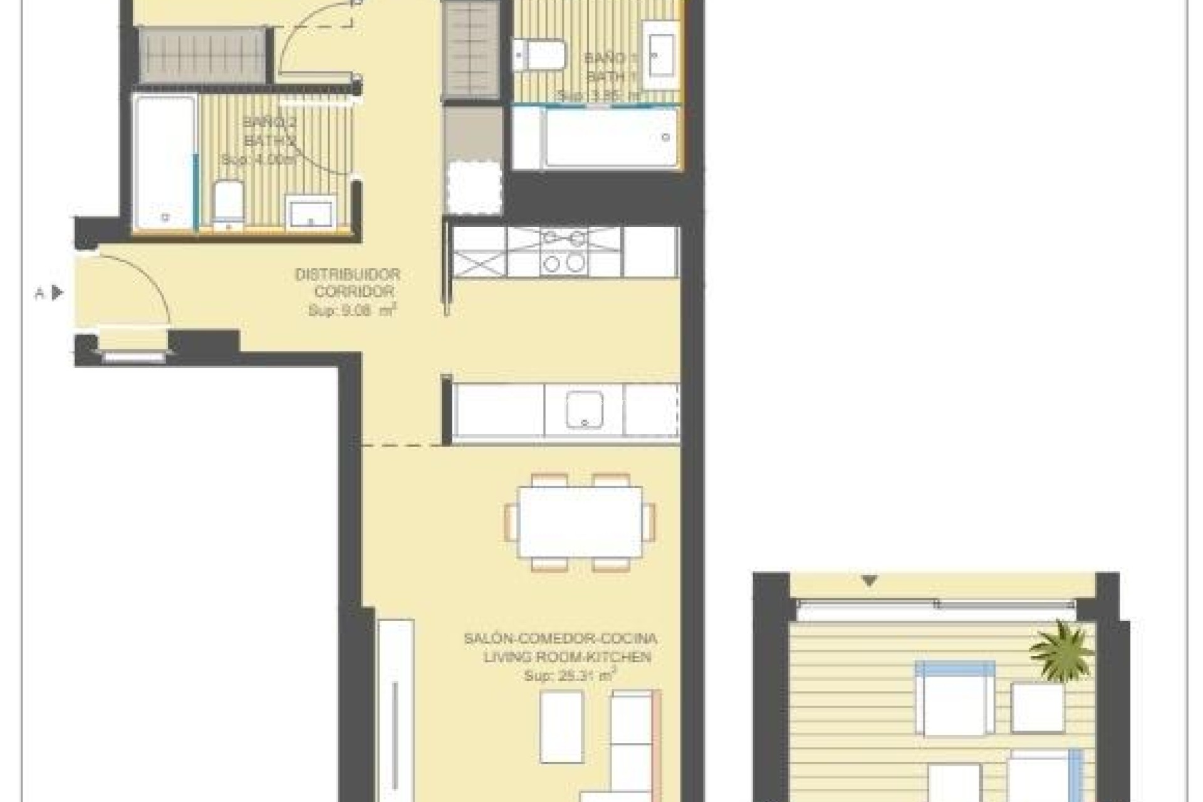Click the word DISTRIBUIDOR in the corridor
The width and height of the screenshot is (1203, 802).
point(347,274)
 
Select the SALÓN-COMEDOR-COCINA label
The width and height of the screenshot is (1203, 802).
point(560,639)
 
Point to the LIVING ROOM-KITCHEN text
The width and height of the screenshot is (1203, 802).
point(567,657)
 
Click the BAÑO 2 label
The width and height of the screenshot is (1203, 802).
point(270,122)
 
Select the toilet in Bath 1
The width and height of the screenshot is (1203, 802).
point(539,55)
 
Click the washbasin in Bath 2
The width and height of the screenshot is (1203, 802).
point(311,212)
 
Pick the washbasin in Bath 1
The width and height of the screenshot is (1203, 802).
point(660,55)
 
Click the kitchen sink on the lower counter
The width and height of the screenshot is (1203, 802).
point(584,410)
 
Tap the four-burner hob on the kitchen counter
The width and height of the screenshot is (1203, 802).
point(564,251)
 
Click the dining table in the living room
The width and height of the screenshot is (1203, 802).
point(580,522)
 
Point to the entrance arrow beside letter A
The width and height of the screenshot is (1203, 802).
point(58,292)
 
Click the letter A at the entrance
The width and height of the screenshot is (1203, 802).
point(39,293)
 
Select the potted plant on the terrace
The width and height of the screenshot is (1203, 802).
point(1061,649)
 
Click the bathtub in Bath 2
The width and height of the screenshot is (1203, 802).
point(164,163)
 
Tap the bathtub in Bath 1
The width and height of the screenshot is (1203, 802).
point(610,138)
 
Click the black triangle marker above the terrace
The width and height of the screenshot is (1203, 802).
point(869,581)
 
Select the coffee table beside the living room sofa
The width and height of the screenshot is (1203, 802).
point(561,726)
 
